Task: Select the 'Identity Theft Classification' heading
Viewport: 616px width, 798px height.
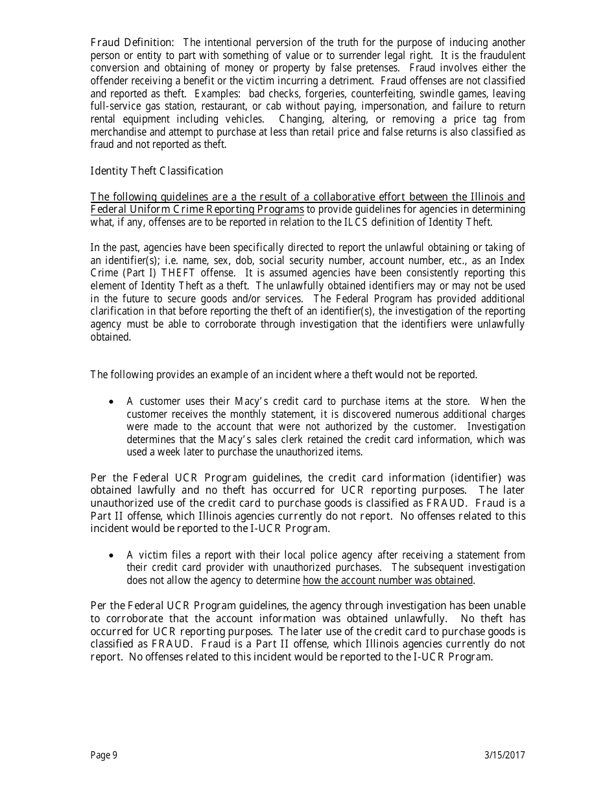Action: click(156, 171)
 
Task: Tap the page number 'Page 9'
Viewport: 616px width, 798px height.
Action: click(104, 755)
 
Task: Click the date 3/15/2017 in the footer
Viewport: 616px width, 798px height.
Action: click(504, 755)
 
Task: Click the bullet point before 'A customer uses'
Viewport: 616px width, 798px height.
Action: click(112, 402)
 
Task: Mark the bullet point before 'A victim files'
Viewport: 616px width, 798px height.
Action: click(112, 555)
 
